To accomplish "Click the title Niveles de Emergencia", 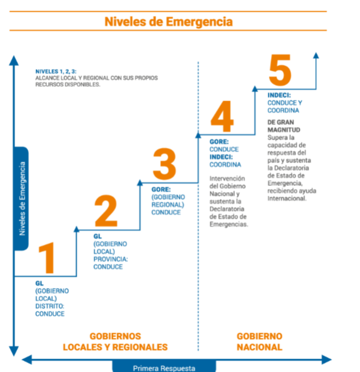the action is click(169, 22).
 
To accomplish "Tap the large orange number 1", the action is click(47, 258).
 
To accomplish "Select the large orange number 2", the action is click(106, 211).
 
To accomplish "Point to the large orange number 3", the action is click(165, 164).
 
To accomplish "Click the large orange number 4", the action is click(222, 116).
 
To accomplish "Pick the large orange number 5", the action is click(280, 70).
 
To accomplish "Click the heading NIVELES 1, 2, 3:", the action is click(56, 71).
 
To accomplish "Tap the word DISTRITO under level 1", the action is click(50, 306).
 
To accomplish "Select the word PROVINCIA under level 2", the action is click(110, 259).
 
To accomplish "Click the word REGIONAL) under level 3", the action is click(167, 205).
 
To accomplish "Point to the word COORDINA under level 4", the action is click(225, 165).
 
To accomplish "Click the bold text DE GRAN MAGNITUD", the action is click(284, 126).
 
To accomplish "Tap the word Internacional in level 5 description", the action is click(287, 198).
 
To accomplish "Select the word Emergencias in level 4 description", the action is click(229, 224).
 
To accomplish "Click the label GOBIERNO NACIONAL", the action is click(260, 342).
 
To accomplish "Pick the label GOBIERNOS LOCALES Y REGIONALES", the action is click(115, 342).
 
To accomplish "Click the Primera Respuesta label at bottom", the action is click(164, 368).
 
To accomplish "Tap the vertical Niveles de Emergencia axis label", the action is click(22, 199).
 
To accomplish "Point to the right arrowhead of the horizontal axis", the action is click(327, 360).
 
